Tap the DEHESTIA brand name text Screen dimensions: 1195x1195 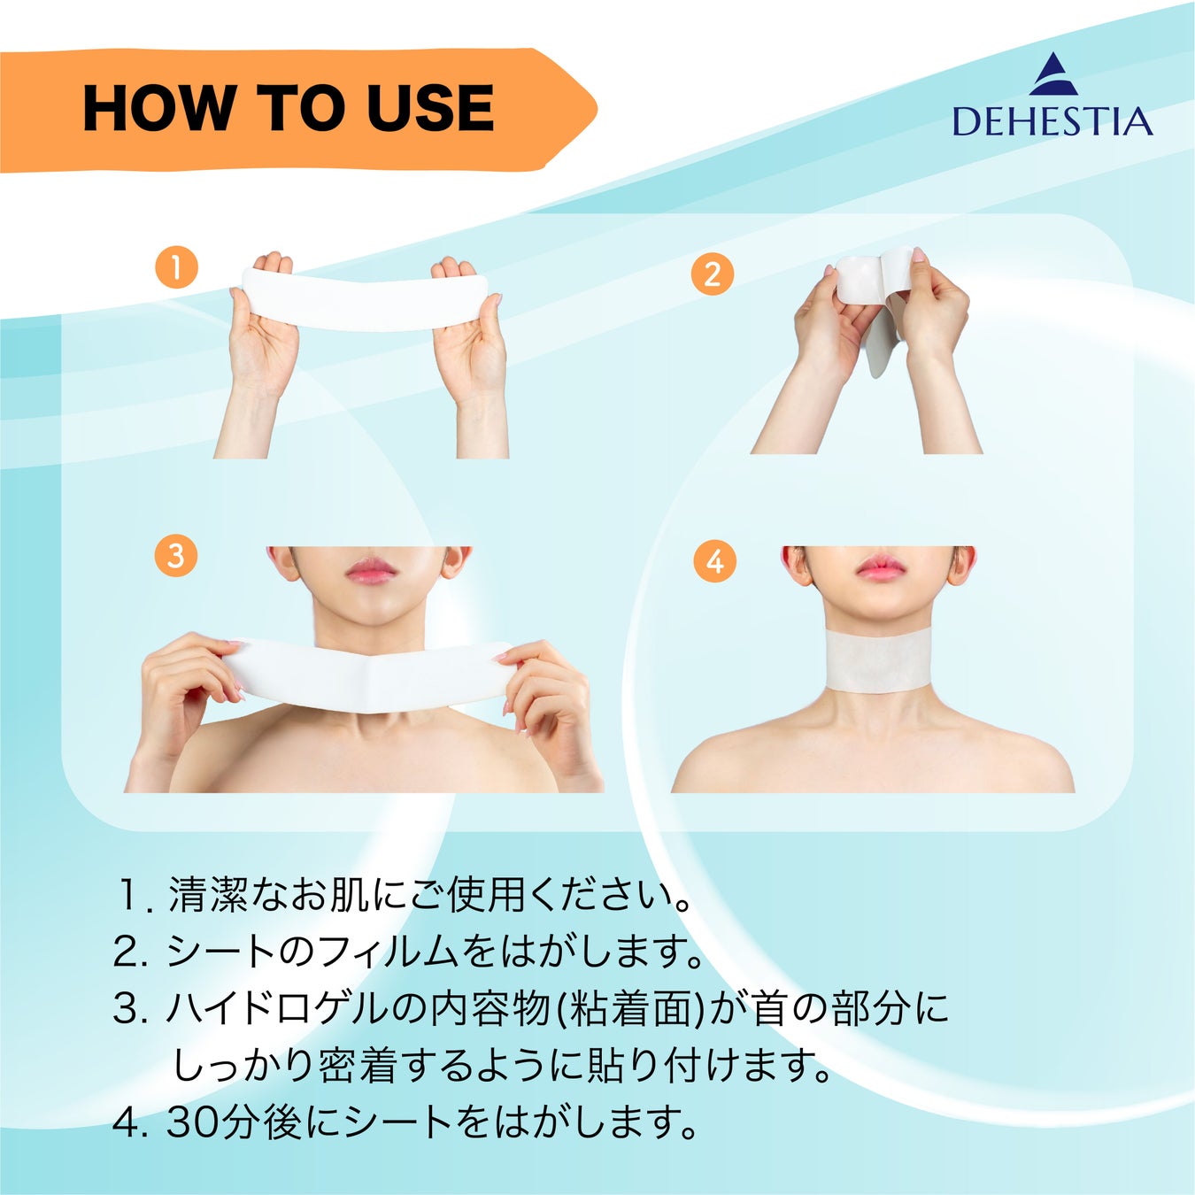[x=1052, y=121]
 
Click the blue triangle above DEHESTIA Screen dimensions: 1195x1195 [x=1053, y=74]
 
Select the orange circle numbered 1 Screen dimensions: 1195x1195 [x=177, y=268]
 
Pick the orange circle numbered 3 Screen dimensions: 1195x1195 [x=176, y=555]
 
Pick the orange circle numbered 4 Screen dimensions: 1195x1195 [x=715, y=561]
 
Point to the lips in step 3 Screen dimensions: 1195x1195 [x=371, y=570]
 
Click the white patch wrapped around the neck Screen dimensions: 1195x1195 [x=879, y=668]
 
